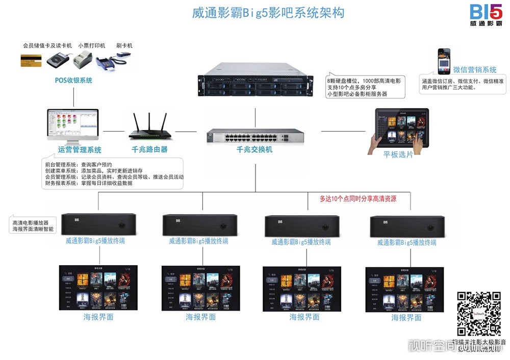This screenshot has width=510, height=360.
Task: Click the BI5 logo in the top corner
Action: pos(486,15)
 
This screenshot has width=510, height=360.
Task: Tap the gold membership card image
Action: pos(31,60)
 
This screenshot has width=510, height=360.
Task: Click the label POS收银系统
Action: pos(74,80)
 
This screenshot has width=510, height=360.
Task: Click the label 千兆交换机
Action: pos(254,149)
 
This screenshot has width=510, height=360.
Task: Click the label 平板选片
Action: pos(398,154)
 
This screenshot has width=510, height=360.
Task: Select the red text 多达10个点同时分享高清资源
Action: pos(358,199)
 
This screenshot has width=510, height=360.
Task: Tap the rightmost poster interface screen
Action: pos(404,289)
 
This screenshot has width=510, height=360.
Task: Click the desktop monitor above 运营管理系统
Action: pos(72,125)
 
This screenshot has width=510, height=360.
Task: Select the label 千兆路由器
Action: pos(149,149)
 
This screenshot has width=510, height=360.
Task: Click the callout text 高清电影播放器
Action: pos(31,223)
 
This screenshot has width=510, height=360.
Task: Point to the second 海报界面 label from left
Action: pos(200,317)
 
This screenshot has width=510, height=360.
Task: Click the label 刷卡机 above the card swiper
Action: pos(124,45)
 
